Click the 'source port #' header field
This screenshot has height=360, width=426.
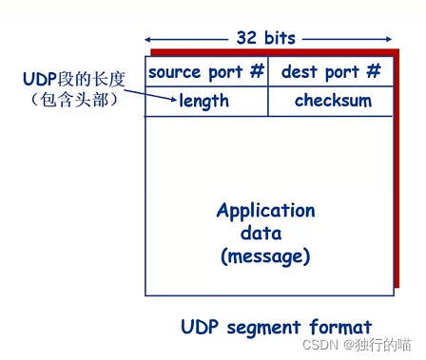point(206,71)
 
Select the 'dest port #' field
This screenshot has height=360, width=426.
point(331,71)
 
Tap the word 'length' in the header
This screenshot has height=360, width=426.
point(203,102)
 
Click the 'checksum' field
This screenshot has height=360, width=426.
point(333,101)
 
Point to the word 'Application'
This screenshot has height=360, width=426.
point(266,211)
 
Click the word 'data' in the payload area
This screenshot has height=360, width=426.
point(261,234)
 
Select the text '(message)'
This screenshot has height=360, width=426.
point(265,256)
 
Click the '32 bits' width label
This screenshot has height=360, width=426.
point(266,38)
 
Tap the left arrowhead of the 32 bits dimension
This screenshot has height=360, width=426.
point(147,40)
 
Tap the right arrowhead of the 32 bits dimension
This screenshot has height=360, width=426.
point(389,39)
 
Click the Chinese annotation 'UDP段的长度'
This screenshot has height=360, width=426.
point(74,79)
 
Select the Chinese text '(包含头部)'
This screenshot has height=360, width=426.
point(74,100)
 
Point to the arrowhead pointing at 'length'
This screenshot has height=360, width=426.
point(173,100)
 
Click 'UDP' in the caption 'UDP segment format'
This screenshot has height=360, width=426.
point(200,327)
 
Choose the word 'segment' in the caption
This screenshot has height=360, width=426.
point(263,328)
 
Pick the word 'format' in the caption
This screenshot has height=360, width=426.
point(340,327)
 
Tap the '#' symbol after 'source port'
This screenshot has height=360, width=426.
point(257,70)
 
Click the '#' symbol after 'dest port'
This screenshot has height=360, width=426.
point(374,70)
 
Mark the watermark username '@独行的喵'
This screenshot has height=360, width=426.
point(378,345)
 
